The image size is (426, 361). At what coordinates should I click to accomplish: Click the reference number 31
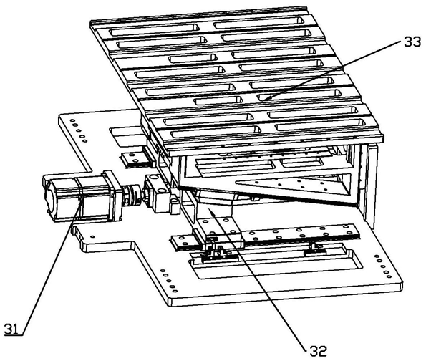point(11,329)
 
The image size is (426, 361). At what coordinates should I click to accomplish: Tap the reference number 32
point(318,351)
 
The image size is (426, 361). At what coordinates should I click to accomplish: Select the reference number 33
point(412,42)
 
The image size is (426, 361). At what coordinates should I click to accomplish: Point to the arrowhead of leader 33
point(264,98)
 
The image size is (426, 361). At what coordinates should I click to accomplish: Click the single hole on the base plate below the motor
point(92,237)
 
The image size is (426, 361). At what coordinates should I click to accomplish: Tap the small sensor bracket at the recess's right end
point(315,249)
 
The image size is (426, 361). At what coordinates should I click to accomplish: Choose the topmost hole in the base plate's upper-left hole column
point(72,120)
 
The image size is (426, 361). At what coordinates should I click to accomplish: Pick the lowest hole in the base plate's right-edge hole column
point(389,276)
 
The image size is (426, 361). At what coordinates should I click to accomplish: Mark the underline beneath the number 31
point(13,335)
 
